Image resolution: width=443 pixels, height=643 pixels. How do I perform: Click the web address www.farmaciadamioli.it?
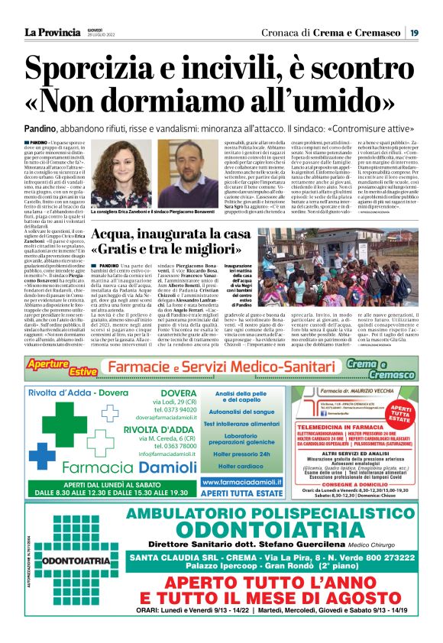click(241, 482)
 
